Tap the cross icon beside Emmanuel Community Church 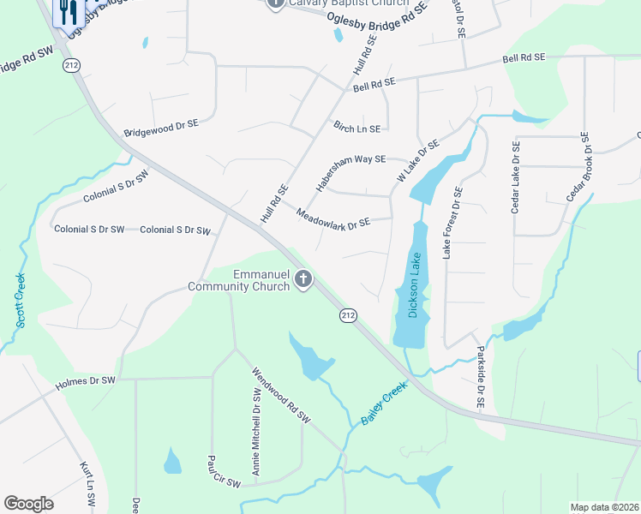click(x=303, y=278)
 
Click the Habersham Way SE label click(x=350, y=173)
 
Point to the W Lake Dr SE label click(x=417, y=160)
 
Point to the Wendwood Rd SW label click(x=279, y=395)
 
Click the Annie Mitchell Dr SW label click(x=255, y=432)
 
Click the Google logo click(x=28, y=504)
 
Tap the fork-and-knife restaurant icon click(x=68, y=13)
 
